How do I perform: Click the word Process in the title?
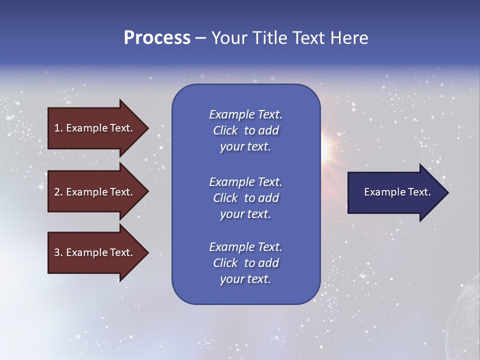[157, 38]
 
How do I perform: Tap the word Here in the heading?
[349, 38]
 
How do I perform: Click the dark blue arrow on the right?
[395, 192]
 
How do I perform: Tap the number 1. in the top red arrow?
[58, 128]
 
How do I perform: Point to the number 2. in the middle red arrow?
[58, 192]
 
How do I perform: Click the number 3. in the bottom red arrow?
[58, 252]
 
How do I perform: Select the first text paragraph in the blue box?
[245, 130]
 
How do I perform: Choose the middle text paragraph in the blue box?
[245, 198]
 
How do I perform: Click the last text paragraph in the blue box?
[245, 263]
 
